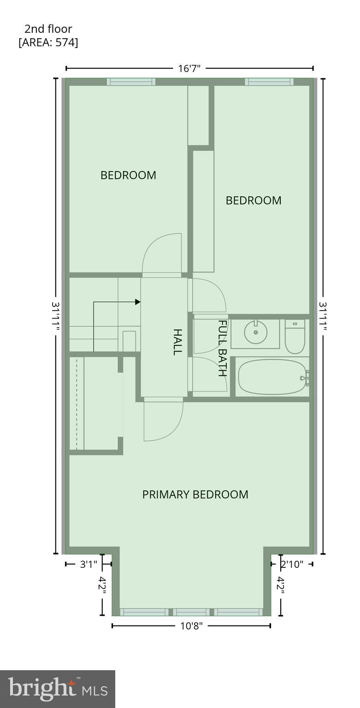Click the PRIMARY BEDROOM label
click(x=195, y=495)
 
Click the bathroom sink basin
click(x=255, y=331)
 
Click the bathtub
click(x=272, y=377)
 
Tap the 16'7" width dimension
click(x=189, y=69)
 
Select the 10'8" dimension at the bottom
click(x=191, y=626)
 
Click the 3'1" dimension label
click(x=89, y=564)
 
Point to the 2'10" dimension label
click(x=292, y=564)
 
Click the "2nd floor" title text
click(x=48, y=29)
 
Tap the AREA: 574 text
click(x=48, y=42)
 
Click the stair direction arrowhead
click(x=137, y=302)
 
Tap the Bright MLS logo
click(x=58, y=689)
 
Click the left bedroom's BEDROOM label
click(x=128, y=175)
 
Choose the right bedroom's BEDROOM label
click(x=254, y=201)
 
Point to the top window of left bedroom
click(x=131, y=82)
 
